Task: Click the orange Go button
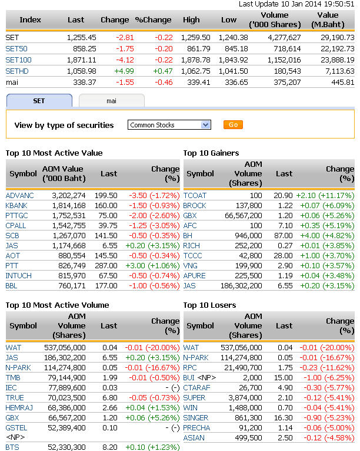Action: tap(233, 125)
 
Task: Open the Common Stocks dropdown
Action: tap(169, 125)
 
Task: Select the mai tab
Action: tap(111, 101)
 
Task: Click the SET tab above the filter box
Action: tap(39, 101)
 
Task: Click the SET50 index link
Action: tap(18, 48)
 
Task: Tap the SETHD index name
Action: tap(18, 71)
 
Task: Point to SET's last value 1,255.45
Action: tap(82, 37)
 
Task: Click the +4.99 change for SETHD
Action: tap(118, 71)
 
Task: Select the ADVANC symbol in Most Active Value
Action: tap(20, 195)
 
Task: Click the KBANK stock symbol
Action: tap(17, 205)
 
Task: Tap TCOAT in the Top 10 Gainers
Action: tap(195, 195)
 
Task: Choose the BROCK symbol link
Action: tap(195, 205)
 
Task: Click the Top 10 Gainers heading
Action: tap(211, 153)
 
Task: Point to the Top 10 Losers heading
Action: tap(209, 305)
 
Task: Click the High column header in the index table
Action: tap(191, 19)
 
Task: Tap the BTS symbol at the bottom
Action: tap(12, 447)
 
